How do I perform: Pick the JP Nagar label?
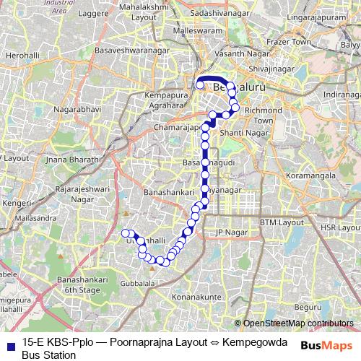click(x=230, y=232)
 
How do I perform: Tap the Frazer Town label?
click(x=302, y=43)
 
